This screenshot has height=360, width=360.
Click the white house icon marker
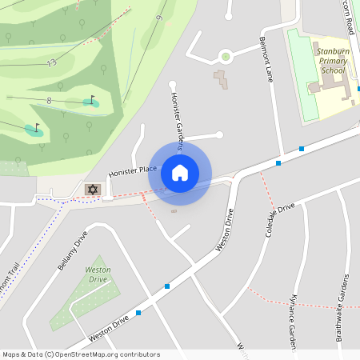pos(180,172)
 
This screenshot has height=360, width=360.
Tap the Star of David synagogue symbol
pos(92,189)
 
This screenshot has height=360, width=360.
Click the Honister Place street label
pos(133,171)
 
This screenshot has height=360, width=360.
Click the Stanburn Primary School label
pos(332,60)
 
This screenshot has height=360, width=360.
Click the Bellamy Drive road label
pos(71,252)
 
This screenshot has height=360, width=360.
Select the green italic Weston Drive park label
pos(98,274)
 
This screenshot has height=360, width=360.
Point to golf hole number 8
pos(49,100)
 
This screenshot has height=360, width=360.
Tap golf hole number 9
pos(159,18)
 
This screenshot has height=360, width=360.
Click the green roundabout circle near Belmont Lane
pos(226,56)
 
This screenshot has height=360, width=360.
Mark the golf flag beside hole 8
pos(91,100)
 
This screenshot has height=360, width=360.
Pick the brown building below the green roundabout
pos(220,79)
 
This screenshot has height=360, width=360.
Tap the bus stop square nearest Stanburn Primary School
pos(302,149)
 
